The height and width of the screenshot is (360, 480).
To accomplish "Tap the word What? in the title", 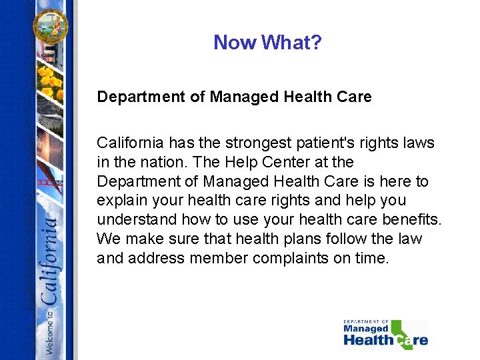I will click(291, 43).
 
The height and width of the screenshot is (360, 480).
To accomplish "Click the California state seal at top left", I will click(51, 25).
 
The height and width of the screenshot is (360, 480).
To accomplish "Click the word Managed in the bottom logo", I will click(365, 329).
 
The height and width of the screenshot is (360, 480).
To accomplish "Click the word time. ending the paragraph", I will click(371, 258).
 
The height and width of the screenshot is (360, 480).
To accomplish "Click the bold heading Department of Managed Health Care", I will click(234, 97).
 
